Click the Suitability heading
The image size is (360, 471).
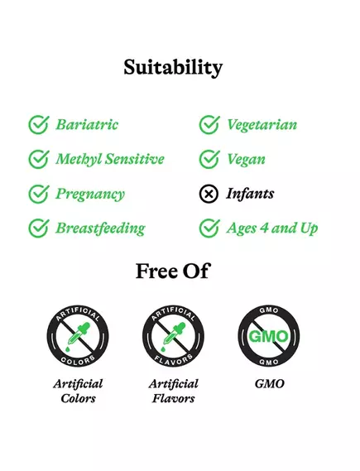click(x=173, y=67)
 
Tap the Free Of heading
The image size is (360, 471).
click(x=172, y=271)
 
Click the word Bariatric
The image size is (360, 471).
click(x=87, y=125)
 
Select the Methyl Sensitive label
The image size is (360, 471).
click(x=110, y=159)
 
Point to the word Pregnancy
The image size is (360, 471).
click(x=90, y=195)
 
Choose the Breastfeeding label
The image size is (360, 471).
click(x=100, y=228)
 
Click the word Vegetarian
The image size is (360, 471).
click(x=262, y=125)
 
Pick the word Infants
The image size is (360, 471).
click(x=250, y=194)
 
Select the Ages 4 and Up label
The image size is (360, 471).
click(x=272, y=228)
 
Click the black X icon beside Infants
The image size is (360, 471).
click(x=209, y=194)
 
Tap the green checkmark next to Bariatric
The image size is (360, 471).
click(x=38, y=125)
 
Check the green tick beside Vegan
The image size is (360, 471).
click(x=209, y=159)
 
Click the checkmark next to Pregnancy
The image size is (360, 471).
click(x=38, y=194)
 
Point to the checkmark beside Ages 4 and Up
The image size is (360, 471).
click(x=209, y=228)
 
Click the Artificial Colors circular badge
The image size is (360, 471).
click(x=78, y=338)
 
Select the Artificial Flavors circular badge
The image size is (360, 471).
click(x=173, y=338)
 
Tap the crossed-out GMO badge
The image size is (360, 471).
click(x=268, y=338)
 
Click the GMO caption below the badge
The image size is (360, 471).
click(x=270, y=384)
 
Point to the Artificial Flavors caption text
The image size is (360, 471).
click(x=173, y=391)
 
